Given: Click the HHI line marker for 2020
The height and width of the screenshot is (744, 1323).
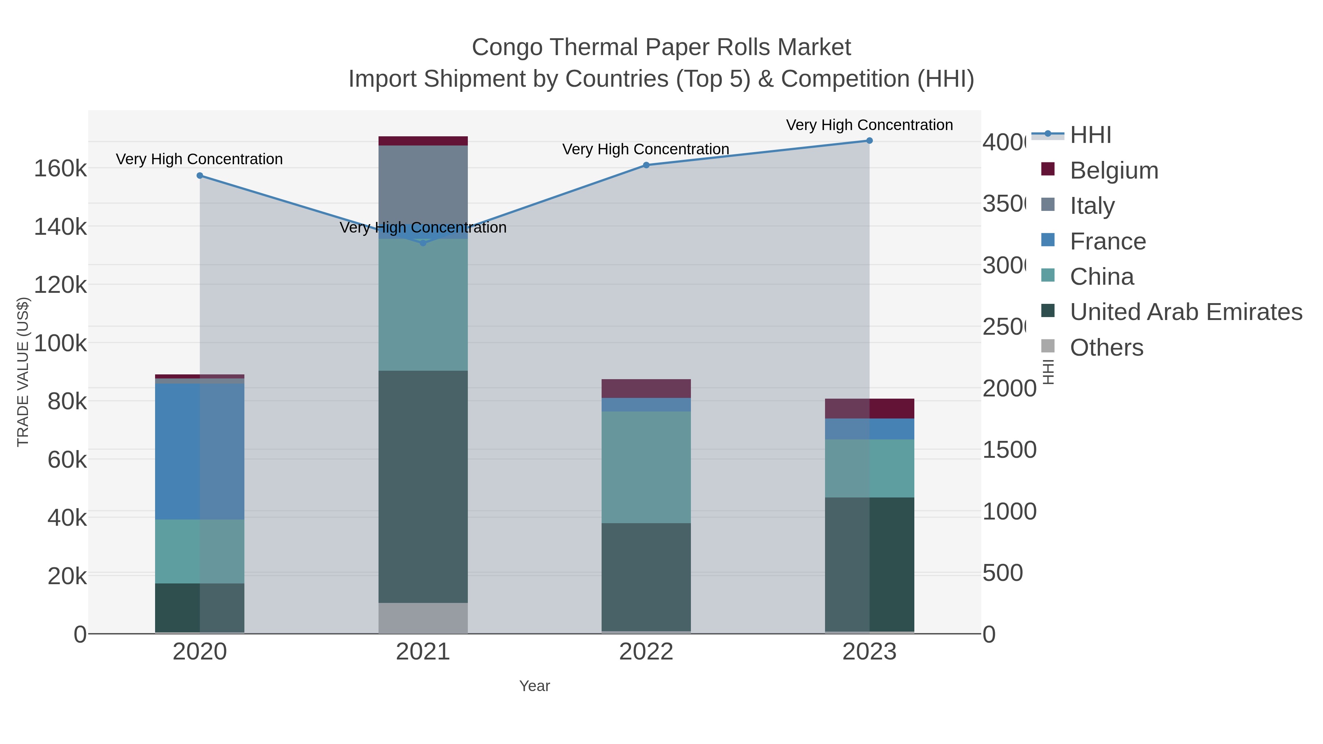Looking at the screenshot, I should point(200,176).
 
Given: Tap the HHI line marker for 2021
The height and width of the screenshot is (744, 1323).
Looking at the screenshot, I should point(423,243).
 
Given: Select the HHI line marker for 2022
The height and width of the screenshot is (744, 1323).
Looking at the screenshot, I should point(646,165).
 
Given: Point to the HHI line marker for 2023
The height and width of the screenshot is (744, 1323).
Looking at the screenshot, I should point(870,141).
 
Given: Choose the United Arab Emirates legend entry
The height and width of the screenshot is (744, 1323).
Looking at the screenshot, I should point(1185,312).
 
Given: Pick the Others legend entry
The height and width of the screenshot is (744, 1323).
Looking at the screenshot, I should point(1106,348).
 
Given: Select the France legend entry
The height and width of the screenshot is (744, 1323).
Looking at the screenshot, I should point(1107,241).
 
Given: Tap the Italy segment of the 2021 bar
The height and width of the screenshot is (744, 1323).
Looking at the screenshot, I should point(423,185).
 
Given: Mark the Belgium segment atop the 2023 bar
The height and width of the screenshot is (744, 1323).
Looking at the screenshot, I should point(870,408).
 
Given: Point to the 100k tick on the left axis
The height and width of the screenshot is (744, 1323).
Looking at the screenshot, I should point(61,343).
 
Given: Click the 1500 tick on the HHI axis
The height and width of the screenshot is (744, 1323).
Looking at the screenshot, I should point(1009,450).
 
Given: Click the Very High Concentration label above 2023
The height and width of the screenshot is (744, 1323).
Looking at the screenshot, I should point(869,125).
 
